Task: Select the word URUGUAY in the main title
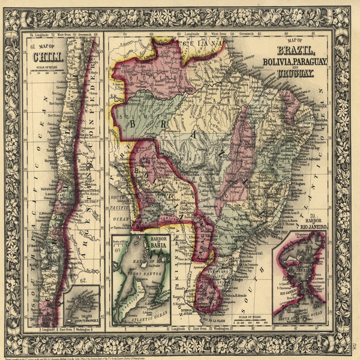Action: pyautogui.click(x=295, y=73)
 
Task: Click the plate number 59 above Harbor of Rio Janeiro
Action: pyautogui.click(x=314, y=215)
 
